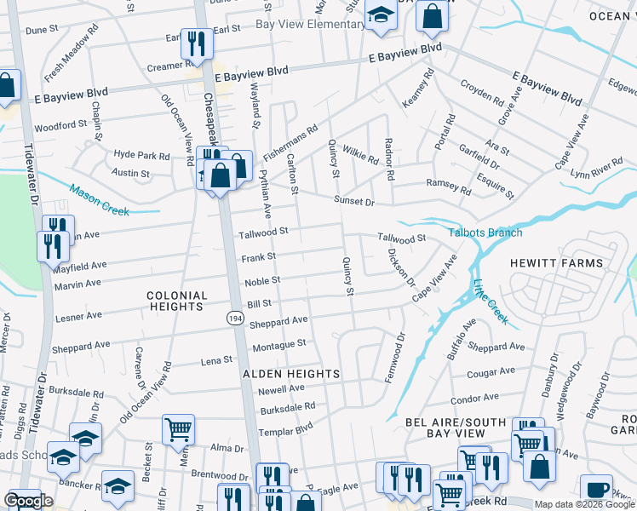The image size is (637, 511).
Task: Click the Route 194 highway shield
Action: (233, 317)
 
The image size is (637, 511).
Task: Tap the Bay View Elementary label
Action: (310, 25)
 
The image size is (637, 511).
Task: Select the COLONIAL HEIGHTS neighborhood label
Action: (177, 301)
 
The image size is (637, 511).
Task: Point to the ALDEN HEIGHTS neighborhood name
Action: (291, 374)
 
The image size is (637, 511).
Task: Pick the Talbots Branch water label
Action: (485, 233)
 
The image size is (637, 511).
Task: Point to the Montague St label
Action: (278, 343)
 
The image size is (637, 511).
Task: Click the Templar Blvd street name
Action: (287, 428)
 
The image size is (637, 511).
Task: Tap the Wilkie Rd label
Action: (359, 155)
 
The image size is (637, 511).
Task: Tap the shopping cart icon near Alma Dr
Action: (178, 429)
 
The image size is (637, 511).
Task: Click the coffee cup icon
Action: (596, 490)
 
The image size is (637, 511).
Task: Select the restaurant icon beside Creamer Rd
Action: (197, 43)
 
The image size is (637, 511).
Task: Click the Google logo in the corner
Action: (28, 501)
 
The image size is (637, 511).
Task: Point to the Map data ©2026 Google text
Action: (584, 504)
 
